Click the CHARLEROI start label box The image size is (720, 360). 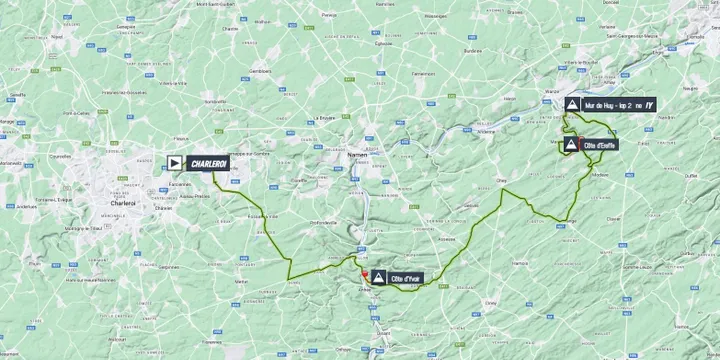208,162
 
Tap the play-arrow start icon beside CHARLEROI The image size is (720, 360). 174,162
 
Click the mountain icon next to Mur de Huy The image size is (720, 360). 571,105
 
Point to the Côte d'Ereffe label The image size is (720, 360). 600,145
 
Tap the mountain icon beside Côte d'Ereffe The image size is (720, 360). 571,145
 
